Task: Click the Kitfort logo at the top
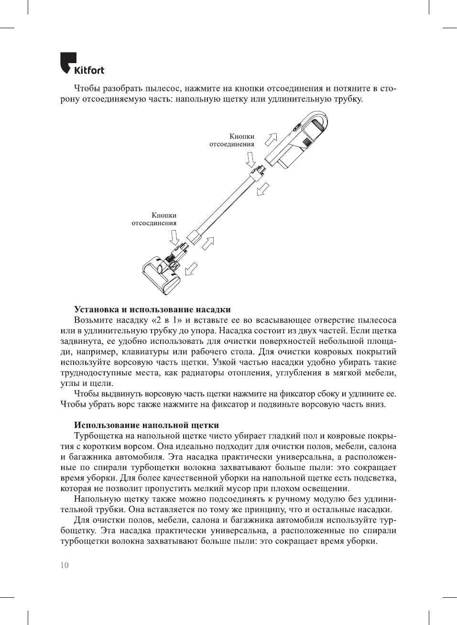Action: (82, 64)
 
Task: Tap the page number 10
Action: (65, 565)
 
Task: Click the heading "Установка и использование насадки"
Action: (152, 309)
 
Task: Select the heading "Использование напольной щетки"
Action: (146, 425)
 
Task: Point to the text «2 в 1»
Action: (166, 320)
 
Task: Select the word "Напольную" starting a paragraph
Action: (98, 499)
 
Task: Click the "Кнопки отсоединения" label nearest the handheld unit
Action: (232, 140)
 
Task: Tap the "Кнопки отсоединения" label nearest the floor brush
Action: (154, 219)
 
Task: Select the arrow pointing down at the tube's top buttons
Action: (250, 159)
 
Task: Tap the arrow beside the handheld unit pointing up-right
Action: (271, 139)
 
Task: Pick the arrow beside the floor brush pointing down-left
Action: (192, 269)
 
